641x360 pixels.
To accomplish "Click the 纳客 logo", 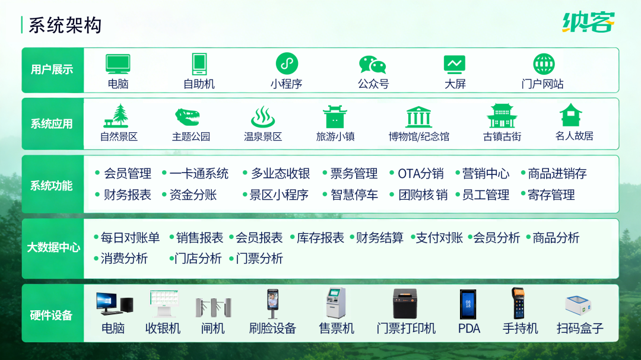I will pos(588,22).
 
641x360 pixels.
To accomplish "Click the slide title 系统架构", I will pos(65,25).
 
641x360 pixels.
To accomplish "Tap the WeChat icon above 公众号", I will pos(373,64).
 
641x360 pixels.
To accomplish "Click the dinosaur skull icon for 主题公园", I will pos(188,116).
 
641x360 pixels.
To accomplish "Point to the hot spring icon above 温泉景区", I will pos(263,117).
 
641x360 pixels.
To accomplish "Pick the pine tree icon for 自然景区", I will pos(118,116).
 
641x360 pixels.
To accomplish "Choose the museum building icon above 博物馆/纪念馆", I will pos(419,117).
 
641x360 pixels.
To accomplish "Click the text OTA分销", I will pos(420,174).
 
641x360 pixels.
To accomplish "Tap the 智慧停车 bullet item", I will pos(354,195).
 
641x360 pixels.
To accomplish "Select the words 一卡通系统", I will pos(199,174).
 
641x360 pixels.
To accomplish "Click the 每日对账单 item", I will pos(130,238).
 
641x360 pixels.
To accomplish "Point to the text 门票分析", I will pos(259,259).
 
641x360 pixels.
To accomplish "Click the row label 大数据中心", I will pos(53,248).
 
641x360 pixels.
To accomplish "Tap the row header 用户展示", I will pos(52,70).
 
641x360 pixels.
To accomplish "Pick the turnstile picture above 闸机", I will pos(213,305).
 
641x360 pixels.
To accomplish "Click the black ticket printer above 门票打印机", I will pos(405,303).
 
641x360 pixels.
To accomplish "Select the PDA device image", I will pos(468,304).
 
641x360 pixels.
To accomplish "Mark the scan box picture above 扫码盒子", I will pos(580,305).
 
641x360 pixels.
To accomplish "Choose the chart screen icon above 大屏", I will pos(455,63).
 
